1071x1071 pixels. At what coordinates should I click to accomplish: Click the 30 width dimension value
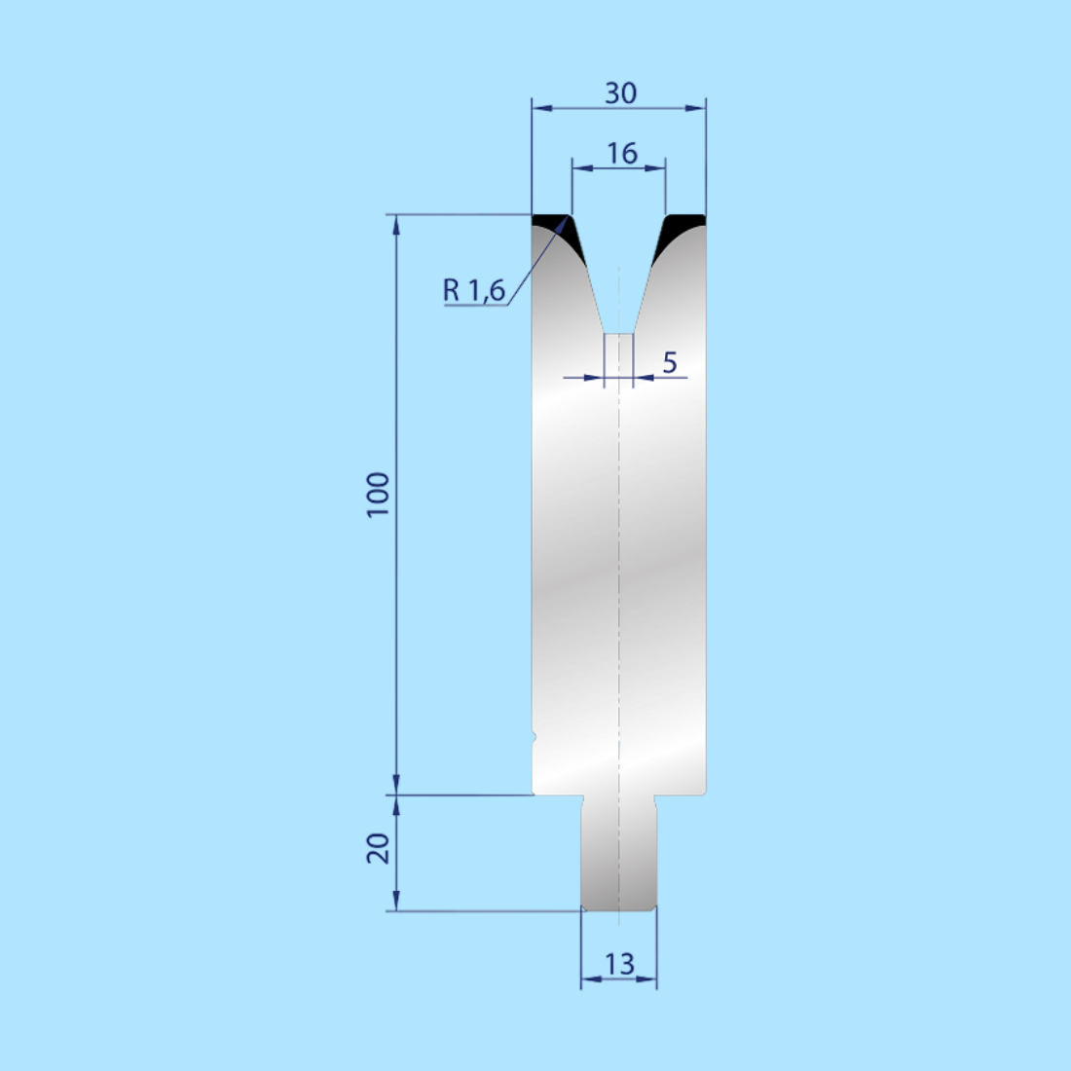(620, 92)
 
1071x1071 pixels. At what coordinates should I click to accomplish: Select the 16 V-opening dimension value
(620, 153)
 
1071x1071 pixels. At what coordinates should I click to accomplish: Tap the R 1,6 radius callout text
(474, 289)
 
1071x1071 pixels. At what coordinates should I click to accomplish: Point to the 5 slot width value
(669, 362)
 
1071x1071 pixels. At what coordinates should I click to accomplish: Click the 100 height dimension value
(378, 495)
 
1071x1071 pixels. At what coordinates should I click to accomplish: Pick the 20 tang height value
(378, 848)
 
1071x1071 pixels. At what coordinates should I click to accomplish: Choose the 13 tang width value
(619, 964)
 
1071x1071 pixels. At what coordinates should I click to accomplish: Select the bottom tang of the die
(618, 852)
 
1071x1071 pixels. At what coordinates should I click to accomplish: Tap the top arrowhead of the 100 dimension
(396, 225)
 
